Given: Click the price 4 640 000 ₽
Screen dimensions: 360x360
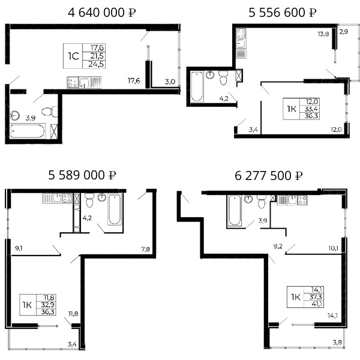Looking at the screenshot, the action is point(102,13).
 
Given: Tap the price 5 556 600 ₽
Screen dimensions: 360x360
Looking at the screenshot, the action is point(283,13).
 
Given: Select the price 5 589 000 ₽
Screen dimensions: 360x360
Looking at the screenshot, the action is point(82,175).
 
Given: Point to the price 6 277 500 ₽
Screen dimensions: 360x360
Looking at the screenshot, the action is point(268,176).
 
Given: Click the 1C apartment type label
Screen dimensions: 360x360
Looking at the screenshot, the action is point(73,56).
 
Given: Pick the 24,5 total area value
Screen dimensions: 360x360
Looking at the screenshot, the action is point(96,64).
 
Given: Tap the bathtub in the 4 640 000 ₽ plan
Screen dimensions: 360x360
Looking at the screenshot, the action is point(28,131).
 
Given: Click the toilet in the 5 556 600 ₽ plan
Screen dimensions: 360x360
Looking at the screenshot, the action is point(223,77).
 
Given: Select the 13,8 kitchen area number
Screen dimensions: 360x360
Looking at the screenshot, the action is point(323,34).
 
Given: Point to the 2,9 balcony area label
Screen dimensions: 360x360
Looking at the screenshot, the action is point(344,32).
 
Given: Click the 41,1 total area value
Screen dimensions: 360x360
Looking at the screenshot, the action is point(317,304).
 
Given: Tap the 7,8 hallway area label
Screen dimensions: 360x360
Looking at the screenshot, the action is point(145,249).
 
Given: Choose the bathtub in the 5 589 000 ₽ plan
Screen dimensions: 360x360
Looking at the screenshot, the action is point(115,210).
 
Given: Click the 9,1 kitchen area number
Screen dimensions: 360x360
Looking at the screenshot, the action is point(19,248).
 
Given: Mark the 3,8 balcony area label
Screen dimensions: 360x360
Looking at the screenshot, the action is point(337,343).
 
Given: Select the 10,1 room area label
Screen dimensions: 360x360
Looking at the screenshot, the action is point(333,248).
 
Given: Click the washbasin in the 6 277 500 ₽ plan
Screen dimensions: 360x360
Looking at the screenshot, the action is point(248,199).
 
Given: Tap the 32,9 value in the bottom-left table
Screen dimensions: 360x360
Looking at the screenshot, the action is point(48,305).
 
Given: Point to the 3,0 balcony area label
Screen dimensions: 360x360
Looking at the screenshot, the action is point(170,82).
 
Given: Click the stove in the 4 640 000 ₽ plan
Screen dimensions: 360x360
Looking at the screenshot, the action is point(73,82).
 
